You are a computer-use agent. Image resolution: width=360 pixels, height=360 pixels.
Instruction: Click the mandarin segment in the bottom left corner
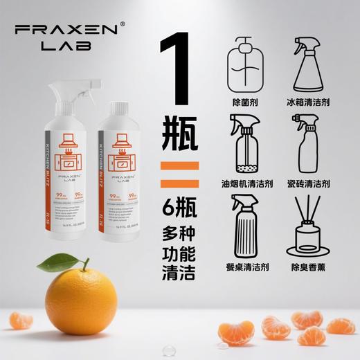point(21,321)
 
